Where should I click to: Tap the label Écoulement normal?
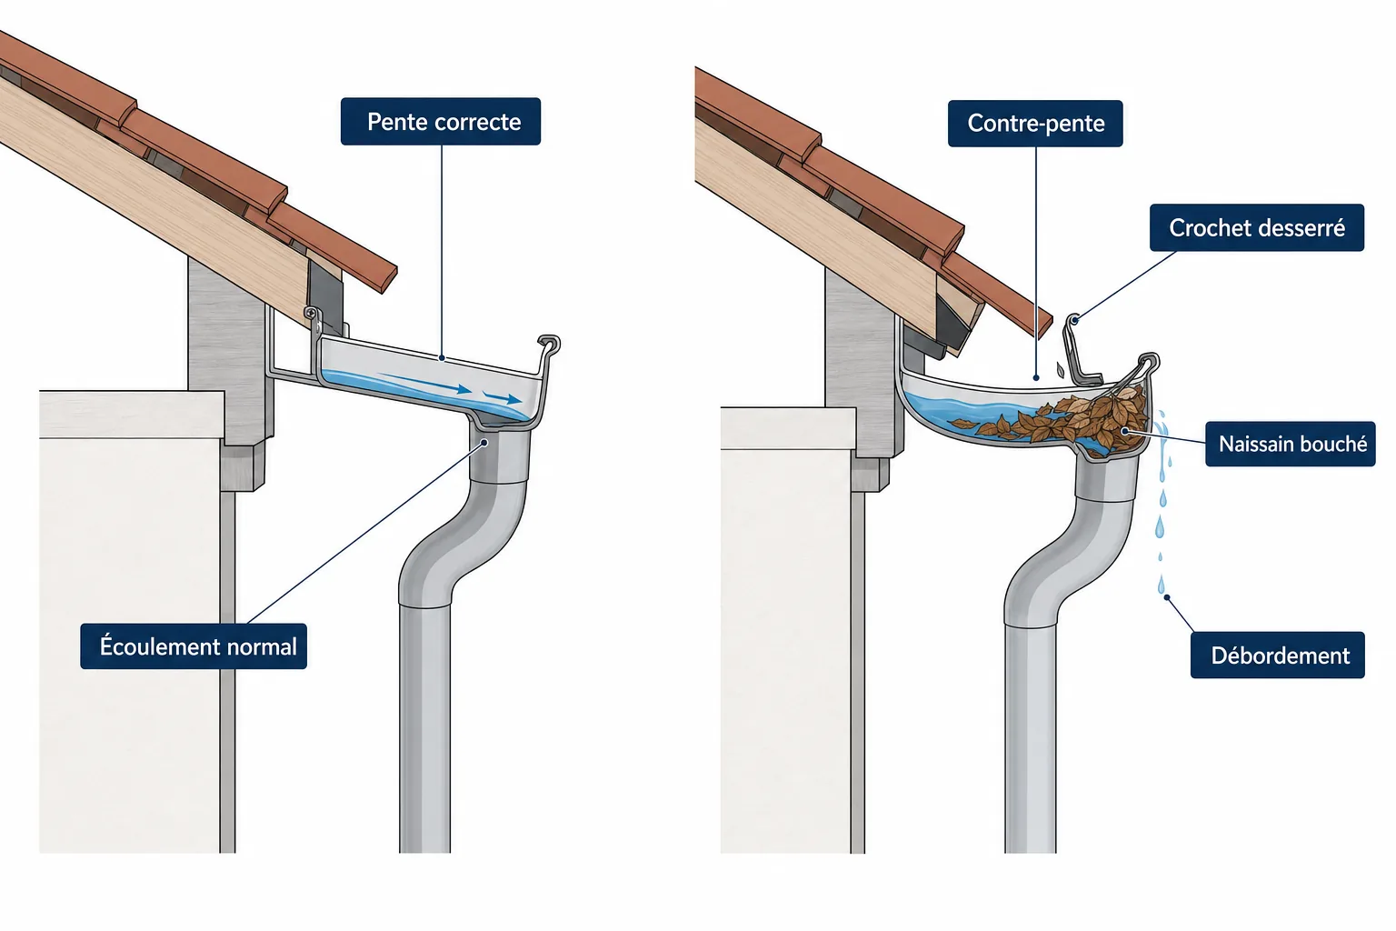(x=194, y=646)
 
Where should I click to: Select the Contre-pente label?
(x=1035, y=124)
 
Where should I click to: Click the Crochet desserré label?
(x=1256, y=227)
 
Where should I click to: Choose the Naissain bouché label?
(x=1290, y=444)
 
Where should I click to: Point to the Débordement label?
(x=1278, y=656)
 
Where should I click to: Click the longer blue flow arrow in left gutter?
(x=424, y=382)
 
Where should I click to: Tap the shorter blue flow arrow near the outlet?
(x=503, y=398)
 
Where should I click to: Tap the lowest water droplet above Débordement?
(x=1161, y=585)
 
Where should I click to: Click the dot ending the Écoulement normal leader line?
(x=484, y=443)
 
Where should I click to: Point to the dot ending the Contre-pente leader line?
(x=1036, y=377)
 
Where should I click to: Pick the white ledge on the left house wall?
(x=132, y=415)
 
